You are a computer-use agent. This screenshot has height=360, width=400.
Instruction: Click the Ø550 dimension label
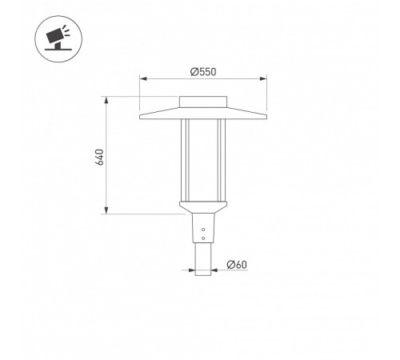203,72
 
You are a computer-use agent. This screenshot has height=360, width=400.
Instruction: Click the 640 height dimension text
99,157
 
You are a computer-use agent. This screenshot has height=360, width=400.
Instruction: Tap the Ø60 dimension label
237,265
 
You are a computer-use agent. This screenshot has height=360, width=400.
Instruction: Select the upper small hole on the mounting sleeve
203,230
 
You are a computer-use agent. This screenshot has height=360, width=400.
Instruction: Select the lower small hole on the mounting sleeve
203,238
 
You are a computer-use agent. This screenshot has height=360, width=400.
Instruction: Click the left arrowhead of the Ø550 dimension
143,78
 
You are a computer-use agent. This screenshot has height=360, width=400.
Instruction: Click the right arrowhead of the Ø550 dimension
263,78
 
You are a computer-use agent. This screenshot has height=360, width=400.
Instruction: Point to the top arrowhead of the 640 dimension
106,100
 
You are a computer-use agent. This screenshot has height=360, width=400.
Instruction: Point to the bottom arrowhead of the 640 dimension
106,210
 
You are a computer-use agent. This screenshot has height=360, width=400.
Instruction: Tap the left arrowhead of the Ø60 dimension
192,270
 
